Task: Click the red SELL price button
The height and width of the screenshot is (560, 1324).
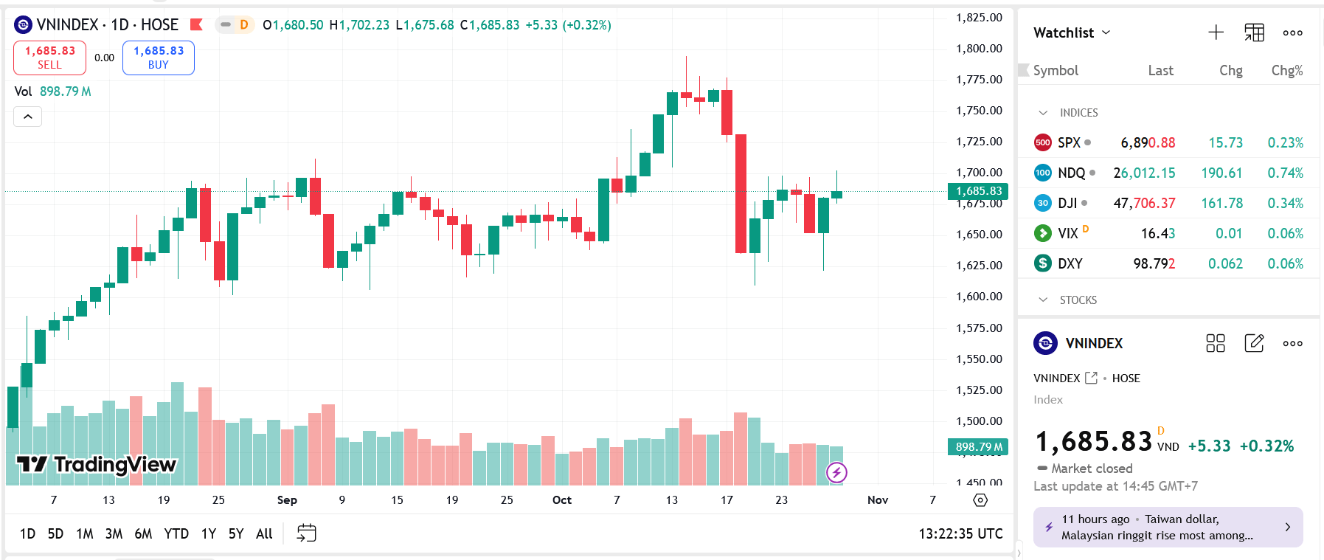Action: point(49,58)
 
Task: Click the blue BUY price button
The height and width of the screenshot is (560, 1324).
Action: point(159,58)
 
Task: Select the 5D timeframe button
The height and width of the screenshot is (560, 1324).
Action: point(55,533)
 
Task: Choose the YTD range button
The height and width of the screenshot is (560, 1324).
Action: point(176,533)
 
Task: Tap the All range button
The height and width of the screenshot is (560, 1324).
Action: point(264,533)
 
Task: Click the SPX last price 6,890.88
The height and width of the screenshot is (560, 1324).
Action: point(1148,142)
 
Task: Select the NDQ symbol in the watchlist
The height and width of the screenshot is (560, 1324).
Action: point(1071,173)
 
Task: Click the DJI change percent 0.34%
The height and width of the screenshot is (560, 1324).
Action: point(1285,203)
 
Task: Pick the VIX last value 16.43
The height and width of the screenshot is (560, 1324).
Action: point(1157,233)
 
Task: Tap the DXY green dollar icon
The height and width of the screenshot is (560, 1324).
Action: point(1043,263)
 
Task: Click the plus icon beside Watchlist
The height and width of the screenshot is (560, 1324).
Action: point(1216,32)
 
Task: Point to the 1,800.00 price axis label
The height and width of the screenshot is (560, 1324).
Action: point(979,49)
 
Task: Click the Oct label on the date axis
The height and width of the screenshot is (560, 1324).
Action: point(562,500)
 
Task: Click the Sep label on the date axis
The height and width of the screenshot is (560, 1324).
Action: point(287,500)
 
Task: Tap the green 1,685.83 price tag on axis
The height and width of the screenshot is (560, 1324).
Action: point(978,191)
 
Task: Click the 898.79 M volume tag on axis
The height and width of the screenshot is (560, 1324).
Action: point(978,446)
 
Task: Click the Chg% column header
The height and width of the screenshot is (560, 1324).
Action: point(1286,71)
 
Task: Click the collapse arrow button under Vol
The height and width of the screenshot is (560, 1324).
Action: point(28,117)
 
